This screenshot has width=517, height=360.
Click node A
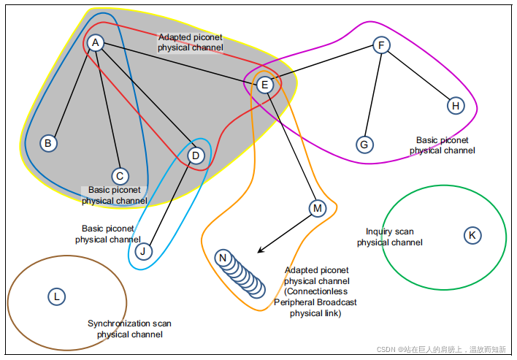[x=95, y=44]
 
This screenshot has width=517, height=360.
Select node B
[x=48, y=143]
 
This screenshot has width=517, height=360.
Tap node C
[x=120, y=176]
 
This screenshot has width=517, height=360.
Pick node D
[x=195, y=156]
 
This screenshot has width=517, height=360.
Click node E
[x=265, y=85]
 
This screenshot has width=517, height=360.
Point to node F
[x=380, y=45]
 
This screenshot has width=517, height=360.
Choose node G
[x=364, y=145]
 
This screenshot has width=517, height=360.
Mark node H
[x=456, y=106]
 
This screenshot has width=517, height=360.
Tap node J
[x=144, y=252]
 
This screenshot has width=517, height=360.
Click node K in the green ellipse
[x=472, y=235]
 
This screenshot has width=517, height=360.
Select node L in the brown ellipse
[x=56, y=296]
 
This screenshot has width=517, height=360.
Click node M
[x=317, y=209]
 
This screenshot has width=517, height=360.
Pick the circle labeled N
[x=223, y=258]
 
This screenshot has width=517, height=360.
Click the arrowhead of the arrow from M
[x=260, y=251]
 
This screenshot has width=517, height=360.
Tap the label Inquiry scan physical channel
[x=389, y=237]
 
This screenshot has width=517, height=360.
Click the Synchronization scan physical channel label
[x=130, y=329]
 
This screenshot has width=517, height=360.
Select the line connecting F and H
[x=418, y=76]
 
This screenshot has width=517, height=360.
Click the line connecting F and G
[x=372, y=93]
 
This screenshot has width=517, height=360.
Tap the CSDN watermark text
[x=441, y=350]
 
